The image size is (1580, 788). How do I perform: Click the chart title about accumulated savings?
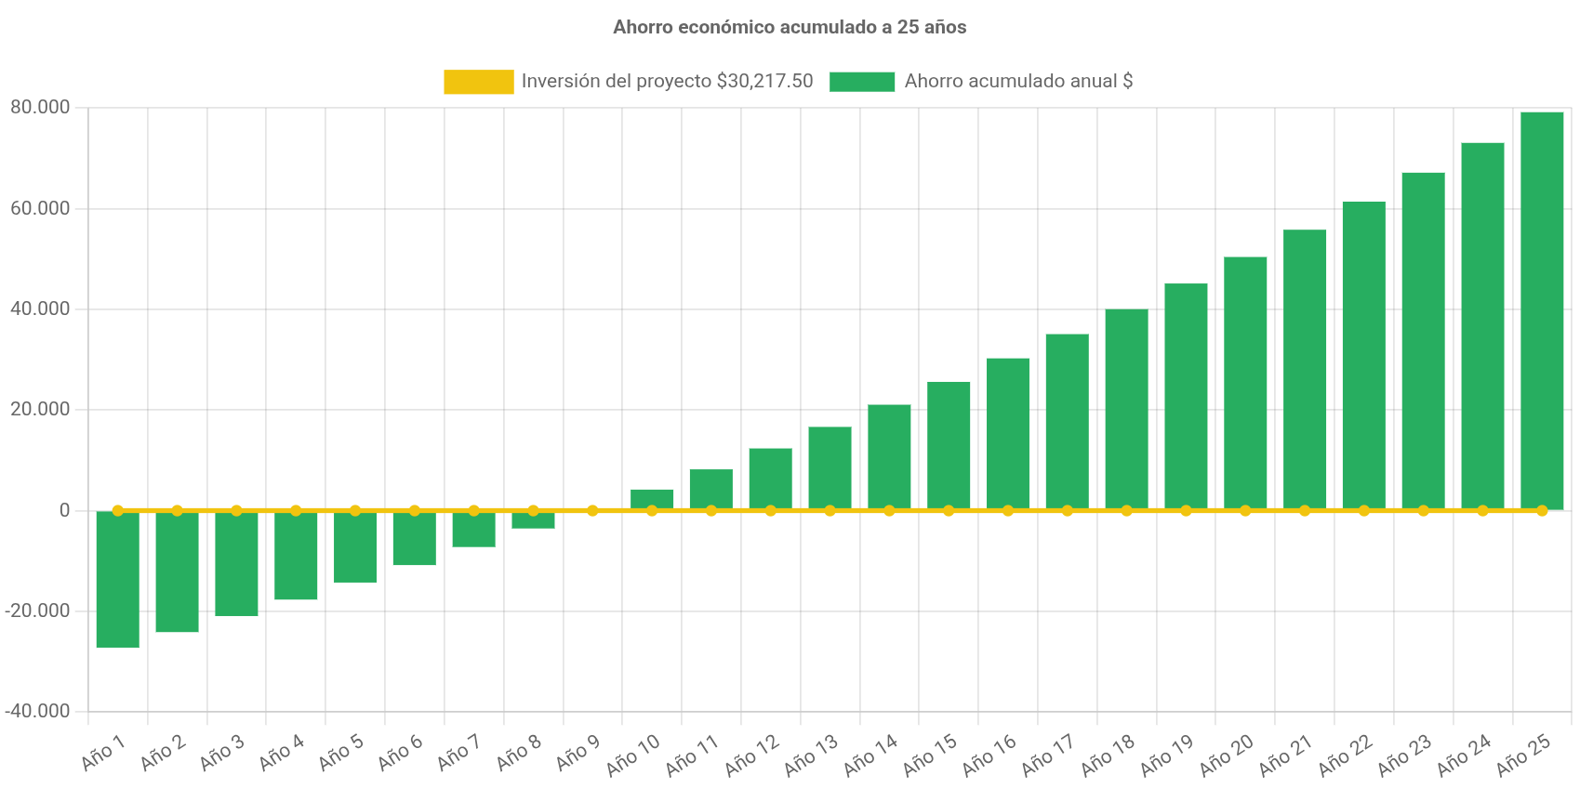(790, 27)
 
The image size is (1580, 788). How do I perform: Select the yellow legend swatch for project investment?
(478, 82)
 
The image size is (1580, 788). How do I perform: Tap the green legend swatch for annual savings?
(862, 82)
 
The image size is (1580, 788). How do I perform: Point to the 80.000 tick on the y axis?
(40, 107)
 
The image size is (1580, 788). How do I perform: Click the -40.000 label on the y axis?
(37, 711)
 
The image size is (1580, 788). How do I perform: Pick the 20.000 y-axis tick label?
(40, 409)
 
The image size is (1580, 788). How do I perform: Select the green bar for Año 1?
(118, 579)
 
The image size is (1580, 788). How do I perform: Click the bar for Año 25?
(1542, 310)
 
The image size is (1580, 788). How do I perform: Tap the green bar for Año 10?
(652, 498)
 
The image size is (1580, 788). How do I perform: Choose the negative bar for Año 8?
(533, 520)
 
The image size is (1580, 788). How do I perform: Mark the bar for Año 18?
(1126, 409)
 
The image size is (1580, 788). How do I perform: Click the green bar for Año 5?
(355, 547)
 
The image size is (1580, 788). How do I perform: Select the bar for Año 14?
(889, 456)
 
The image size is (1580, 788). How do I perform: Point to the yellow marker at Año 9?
(592, 510)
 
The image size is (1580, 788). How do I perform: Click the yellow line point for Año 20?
(1245, 510)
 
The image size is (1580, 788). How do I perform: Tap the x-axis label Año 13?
(811, 755)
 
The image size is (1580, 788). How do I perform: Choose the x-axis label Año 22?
(1345, 755)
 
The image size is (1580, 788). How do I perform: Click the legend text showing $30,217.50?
(667, 81)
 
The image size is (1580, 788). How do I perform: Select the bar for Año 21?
(1305, 369)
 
